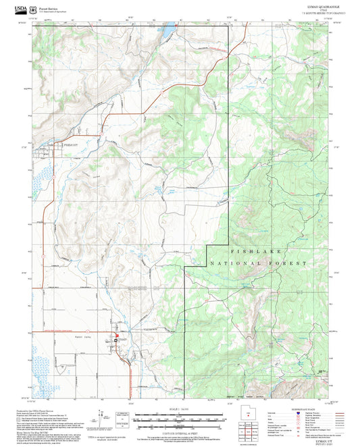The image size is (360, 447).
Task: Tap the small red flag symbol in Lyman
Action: (x=116, y=336)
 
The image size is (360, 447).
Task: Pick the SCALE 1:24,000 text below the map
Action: (x=179, y=409)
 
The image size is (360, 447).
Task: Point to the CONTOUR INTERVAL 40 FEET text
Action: (x=179, y=430)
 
